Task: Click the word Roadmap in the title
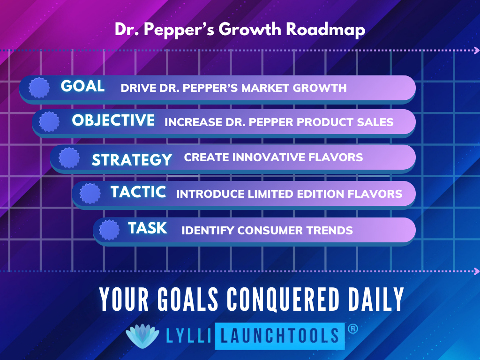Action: coord(325,30)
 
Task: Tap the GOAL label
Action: coord(82,86)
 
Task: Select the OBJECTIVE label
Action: coord(113,120)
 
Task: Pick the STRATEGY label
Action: coord(132,160)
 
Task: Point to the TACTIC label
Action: coord(138,192)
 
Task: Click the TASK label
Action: coord(148,228)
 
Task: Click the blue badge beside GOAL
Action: coord(39,88)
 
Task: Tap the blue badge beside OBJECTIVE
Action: coord(49,122)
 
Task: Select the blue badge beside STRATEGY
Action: coord(69,158)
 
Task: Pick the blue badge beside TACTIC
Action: coord(90,194)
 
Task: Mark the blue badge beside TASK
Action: coord(109,230)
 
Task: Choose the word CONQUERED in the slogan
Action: coord(283,299)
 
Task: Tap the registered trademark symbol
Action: coord(352,329)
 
